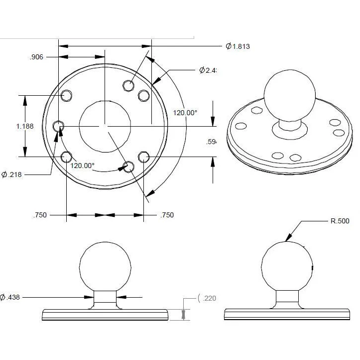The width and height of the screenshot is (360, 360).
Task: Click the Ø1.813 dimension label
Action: [x=238, y=46]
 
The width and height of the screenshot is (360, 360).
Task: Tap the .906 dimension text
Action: [x=36, y=57]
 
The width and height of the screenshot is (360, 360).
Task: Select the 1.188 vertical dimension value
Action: [x=24, y=126]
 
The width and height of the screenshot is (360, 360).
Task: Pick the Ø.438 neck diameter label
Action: [x=10, y=297]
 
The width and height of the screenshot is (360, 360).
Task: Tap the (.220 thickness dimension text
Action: [x=207, y=298]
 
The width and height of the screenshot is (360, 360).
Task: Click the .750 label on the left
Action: [x=40, y=215]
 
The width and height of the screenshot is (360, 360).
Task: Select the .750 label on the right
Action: [x=167, y=215]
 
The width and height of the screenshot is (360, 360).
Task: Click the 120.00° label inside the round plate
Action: [x=82, y=166]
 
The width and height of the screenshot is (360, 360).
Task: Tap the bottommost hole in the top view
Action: [x=128, y=167]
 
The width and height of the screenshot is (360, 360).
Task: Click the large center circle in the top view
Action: [x=105, y=126]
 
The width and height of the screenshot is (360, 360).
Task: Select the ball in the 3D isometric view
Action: [x=289, y=95]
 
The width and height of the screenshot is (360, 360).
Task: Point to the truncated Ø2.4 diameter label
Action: [x=206, y=70]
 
